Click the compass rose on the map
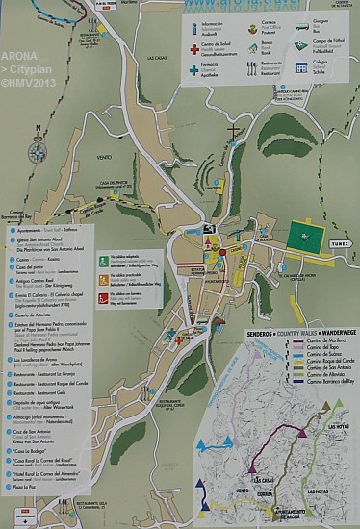point(38,152)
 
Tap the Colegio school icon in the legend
point(302,67)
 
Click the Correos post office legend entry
point(258,25)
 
